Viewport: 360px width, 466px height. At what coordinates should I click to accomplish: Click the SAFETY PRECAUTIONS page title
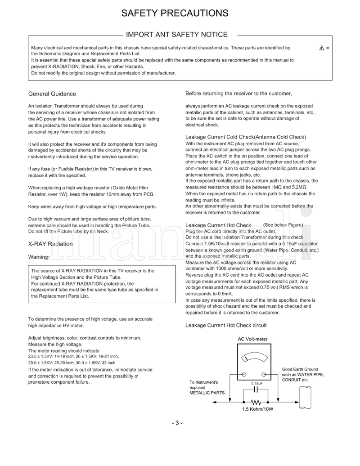(x=175, y=13)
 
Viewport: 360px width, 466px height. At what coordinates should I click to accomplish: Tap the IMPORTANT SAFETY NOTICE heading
(x=176, y=35)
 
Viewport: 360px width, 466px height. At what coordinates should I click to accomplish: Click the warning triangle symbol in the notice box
(x=321, y=48)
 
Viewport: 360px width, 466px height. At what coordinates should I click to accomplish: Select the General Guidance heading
(x=52, y=94)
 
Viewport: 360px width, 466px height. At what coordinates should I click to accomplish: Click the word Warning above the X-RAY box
(x=39, y=258)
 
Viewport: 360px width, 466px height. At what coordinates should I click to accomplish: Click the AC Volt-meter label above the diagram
(x=252, y=339)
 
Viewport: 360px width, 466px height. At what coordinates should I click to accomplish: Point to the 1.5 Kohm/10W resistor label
(x=258, y=410)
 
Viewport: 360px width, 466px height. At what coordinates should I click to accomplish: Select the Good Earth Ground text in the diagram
(x=300, y=369)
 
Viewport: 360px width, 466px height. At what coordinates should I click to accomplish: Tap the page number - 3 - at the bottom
(x=177, y=423)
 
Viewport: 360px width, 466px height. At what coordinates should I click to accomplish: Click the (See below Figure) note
(x=283, y=225)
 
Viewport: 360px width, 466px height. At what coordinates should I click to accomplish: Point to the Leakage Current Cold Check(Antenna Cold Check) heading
(x=246, y=137)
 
